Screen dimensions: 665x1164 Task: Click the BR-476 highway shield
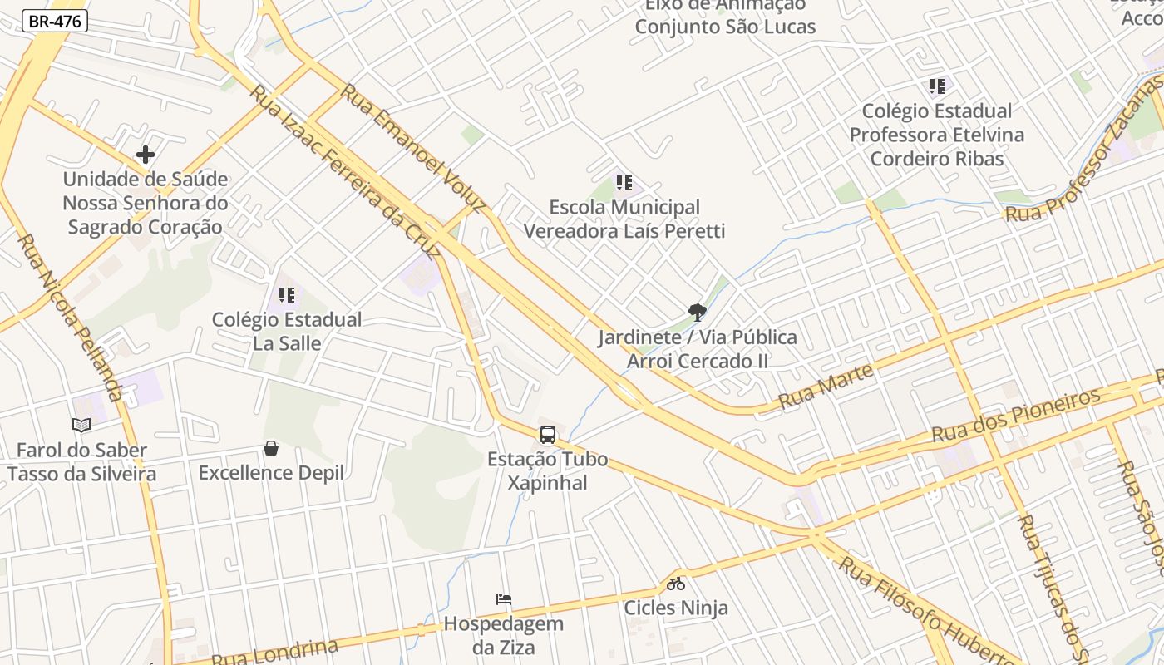pyautogui.click(x=54, y=22)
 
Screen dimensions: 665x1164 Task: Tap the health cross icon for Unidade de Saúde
pyautogui.click(x=145, y=155)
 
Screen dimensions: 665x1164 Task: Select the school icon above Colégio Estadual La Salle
pyautogui.click(x=287, y=295)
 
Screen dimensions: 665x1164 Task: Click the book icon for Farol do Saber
pyautogui.click(x=81, y=426)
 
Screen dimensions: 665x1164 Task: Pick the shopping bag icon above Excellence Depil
pyautogui.click(x=271, y=449)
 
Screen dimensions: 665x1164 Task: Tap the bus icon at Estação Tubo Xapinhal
pyautogui.click(x=547, y=435)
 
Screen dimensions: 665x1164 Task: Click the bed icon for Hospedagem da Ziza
pyautogui.click(x=503, y=599)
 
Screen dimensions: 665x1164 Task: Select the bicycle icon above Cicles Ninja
pyautogui.click(x=676, y=584)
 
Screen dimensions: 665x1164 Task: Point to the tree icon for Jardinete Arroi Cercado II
pyautogui.click(x=697, y=313)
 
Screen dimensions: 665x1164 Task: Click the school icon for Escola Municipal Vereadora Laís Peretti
pyautogui.click(x=624, y=183)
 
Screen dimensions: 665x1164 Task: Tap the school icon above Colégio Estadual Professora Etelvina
pyautogui.click(x=937, y=86)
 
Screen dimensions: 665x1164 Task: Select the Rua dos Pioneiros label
pyautogui.click(x=1016, y=415)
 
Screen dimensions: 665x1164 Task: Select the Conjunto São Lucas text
pyautogui.click(x=725, y=27)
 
